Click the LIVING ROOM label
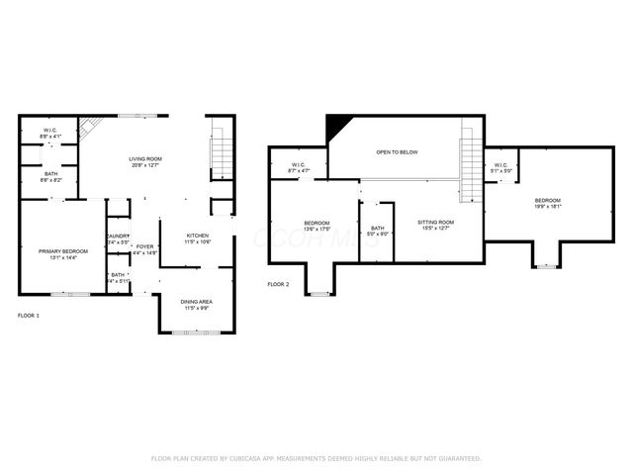[x=145, y=159]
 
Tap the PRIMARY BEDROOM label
[x=63, y=251]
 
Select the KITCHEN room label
[x=198, y=236]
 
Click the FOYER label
[x=145, y=246]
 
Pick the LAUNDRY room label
[x=118, y=236]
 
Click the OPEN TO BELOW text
[x=397, y=152]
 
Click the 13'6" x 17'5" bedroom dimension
[x=316, y=230]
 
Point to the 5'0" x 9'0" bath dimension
[x=378, y=234]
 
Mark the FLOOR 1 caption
[x=30, y=315]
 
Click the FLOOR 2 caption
[x=279, y=284]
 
